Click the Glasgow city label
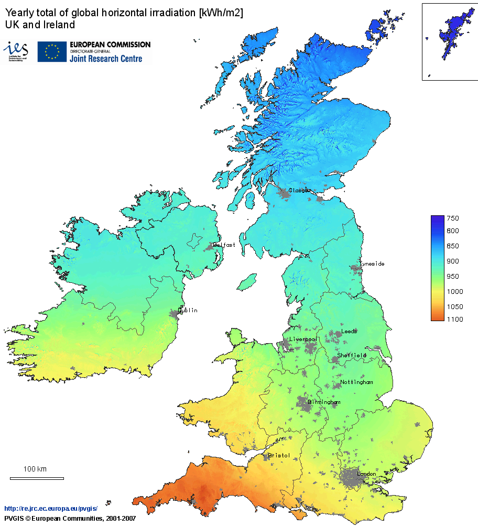pos(300,190)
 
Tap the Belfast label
pos(224,245)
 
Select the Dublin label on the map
pos(188,310)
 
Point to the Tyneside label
pos(372,263)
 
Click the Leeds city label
pos(349,332)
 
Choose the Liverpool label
pos(303,339)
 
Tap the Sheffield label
pos(352,355)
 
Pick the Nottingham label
pos(357,382)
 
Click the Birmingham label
pos(324,402)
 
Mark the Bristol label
pos(279,455)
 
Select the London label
pos(366,474)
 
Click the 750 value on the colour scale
pos(453,218)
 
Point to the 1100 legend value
pos(454,320)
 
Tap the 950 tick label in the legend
pos(453,276)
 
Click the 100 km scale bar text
pos(35,469)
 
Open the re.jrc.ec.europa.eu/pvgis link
pos(51,509)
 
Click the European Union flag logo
pos(52,51)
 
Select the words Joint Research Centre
pos(106,59)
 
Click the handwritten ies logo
pos(16,50)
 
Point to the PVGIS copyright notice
pos(70,518)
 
